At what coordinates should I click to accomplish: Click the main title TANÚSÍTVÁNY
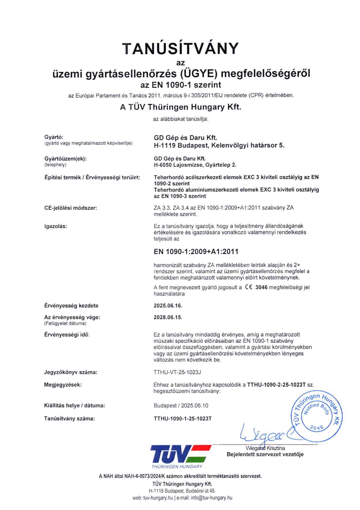(180, 49)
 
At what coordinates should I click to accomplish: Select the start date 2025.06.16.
(168, 306)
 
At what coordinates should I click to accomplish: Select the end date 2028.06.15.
(168, 317)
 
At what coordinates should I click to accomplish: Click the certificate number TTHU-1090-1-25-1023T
(183, 418)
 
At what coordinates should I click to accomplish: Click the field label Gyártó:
(54, 137)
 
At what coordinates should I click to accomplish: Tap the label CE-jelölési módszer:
(70, 208)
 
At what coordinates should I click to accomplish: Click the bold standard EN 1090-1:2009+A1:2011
(196, 252)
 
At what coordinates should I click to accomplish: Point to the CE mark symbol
(248, 287)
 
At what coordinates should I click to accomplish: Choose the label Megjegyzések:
(63, 385)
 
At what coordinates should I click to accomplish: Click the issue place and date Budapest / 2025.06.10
(181, 406)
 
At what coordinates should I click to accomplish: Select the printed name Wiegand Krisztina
(265, 448)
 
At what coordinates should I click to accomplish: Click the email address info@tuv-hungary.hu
(211, 498)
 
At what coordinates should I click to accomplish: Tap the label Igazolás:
(56, 226)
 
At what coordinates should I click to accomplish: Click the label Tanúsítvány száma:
(69, 418)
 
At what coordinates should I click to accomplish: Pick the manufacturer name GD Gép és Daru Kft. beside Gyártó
(186, 138)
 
